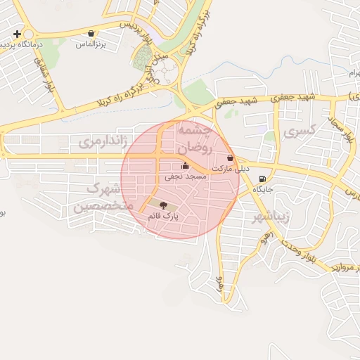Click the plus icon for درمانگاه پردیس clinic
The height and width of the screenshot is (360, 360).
[x=17, y=34]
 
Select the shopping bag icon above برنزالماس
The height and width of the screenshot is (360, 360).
[x=91, y=33]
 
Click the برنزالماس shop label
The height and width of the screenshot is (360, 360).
[x=91, y=44]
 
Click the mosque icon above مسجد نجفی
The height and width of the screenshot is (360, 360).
[x=185, y=166]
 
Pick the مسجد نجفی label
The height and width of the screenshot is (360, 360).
[x=186, y=177]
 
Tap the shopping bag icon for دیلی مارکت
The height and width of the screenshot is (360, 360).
[x=231, y=158]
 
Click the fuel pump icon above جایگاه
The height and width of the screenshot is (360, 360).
[x=262, y=179]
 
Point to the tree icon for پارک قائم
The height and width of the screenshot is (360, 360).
[x=163, y=205]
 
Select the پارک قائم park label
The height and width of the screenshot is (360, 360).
[x=163, y=216]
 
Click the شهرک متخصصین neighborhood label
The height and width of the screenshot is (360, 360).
[x=100, y=198]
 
